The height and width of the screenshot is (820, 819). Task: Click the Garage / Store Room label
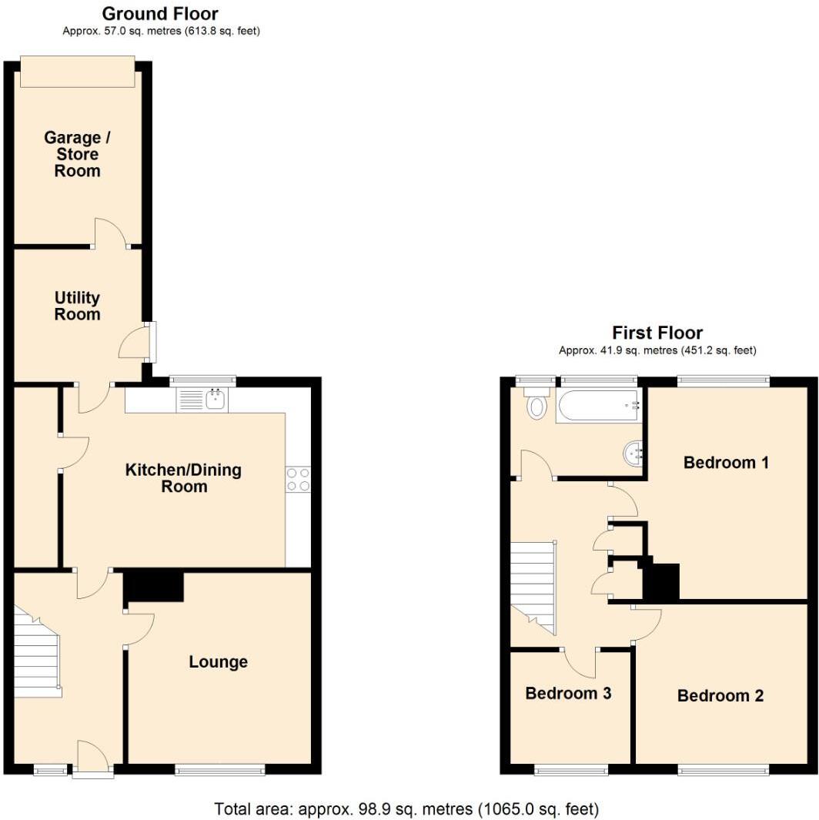(77, 154)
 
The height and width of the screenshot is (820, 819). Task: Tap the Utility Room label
(77, 306)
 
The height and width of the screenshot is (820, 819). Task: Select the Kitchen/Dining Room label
(183, 478)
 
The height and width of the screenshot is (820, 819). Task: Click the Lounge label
(219, 662)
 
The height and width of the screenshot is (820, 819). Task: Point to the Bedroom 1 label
(727, 462)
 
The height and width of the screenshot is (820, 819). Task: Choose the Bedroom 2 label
(720, 695)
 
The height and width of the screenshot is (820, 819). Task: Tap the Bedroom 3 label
(569, 693)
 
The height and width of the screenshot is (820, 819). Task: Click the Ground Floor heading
(160, 13)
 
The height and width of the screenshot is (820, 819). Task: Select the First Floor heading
(657, 333)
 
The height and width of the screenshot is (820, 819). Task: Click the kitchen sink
(202, 400)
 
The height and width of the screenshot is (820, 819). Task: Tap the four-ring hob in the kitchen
(298, 480)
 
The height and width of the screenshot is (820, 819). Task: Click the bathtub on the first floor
(599, 406)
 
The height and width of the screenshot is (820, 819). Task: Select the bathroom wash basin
(633, 453)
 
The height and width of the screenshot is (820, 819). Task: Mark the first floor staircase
(533, 587)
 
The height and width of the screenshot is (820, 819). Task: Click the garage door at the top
(78, 72)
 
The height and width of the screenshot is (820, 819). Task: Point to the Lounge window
(220, 768)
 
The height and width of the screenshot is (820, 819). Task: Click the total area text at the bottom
(406, 808)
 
